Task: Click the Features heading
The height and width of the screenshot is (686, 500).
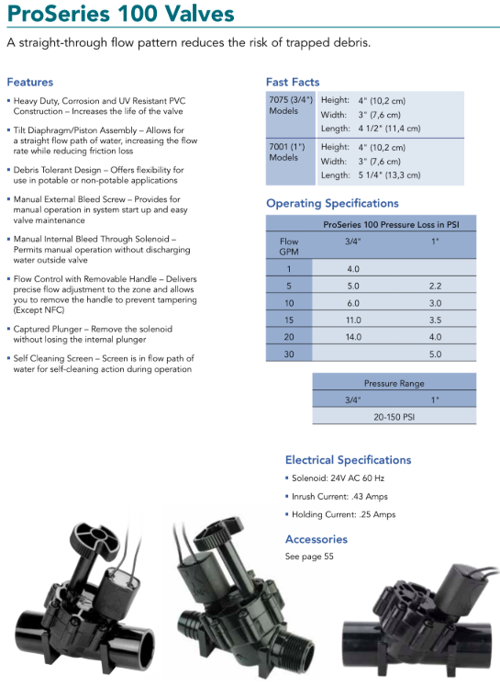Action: [x=29, y=82]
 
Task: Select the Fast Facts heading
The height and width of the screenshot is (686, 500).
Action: [x=293, y=82]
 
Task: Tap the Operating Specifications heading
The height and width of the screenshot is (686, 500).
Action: [x=332, y=203]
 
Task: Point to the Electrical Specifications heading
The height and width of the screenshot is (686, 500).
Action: [x=348, y=459]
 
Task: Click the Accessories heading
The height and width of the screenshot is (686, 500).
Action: [x=316, y=539]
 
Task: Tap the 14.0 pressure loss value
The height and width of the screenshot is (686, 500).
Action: [x=353, y=336]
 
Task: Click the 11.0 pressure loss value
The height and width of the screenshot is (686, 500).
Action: [x=353, y=319]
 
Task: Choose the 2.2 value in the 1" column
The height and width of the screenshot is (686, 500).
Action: [x=436, y=286]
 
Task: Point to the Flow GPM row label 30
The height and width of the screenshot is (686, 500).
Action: [x=289, y=354]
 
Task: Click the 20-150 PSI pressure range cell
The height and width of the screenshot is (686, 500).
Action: [x=394, y=415]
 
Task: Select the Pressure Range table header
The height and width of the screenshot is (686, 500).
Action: [x=394, y=383]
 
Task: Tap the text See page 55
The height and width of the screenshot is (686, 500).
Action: [x=309, y=557]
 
